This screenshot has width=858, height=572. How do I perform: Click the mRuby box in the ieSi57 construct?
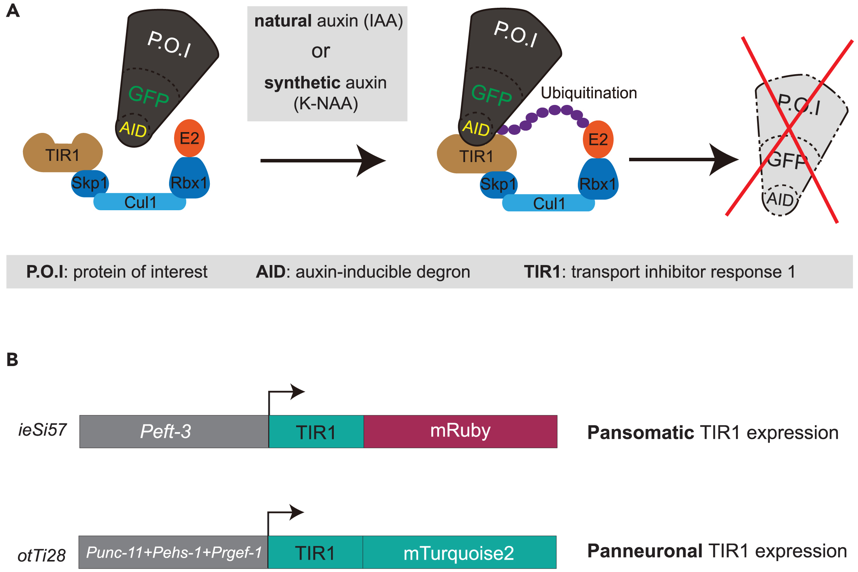coord(460,431)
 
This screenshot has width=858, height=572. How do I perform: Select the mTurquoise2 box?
coord(459,552)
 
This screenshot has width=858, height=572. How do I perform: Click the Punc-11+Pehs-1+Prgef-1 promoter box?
coord(173,552)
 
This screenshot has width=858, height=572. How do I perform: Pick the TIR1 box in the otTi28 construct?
coord(315,552)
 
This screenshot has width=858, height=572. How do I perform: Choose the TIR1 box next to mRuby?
coord(316,431)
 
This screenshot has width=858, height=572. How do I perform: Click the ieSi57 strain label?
coord(42,430)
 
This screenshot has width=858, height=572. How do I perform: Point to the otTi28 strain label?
coord(42,555)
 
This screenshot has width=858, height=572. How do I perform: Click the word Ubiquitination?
coord(589,93)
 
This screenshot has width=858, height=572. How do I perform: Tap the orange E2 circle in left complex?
coord(189,138)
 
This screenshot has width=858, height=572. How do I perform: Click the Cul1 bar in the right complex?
coord(548,203)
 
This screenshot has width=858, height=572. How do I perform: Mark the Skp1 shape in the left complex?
coord(90,183)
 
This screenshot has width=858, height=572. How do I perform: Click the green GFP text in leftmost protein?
coord(149,96)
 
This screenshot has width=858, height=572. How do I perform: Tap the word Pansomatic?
coord(640,432)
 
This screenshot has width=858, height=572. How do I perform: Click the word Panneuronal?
coord(645,551)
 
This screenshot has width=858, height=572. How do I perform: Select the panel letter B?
coord(12,359)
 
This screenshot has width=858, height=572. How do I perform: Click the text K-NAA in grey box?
coord(326,104)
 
